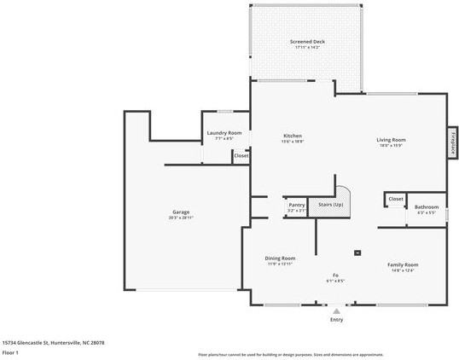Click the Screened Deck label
(307, 41)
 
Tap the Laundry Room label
(224, 133)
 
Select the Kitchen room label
(293, 135)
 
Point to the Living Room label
(392, 139)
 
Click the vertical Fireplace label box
(451, 142)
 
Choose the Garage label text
(181, 212)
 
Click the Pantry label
(296, 205)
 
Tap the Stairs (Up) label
(330, 205)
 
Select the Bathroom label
(426, 206)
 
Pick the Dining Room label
(280, 258)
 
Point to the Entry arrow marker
(336, 311)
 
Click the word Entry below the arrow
(336, 320)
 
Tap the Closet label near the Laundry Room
(241, 155)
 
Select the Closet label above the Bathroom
(396, 198)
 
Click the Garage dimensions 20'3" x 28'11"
(181, 218)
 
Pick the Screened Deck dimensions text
(307, 48)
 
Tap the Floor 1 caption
(11, 352)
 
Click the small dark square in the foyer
(357, 253)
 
